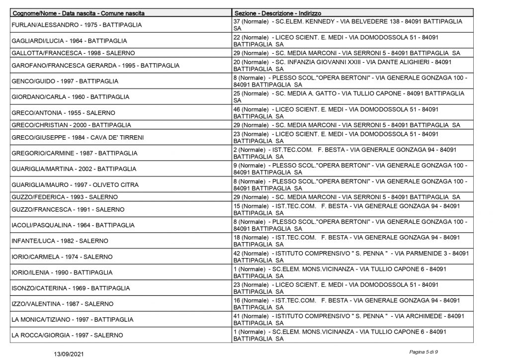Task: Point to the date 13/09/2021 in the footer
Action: (x=70, y=353)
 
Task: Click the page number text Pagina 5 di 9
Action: (x=424, y=353)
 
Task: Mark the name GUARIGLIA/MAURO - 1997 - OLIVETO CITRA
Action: (x=75, y=185)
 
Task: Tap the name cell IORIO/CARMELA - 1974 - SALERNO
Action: (x=62, y=257)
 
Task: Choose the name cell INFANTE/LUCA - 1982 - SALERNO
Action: (x=59, y=241)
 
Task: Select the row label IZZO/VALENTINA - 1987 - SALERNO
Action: (x=62, y=304)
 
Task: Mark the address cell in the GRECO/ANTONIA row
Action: (x=336, y=112)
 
